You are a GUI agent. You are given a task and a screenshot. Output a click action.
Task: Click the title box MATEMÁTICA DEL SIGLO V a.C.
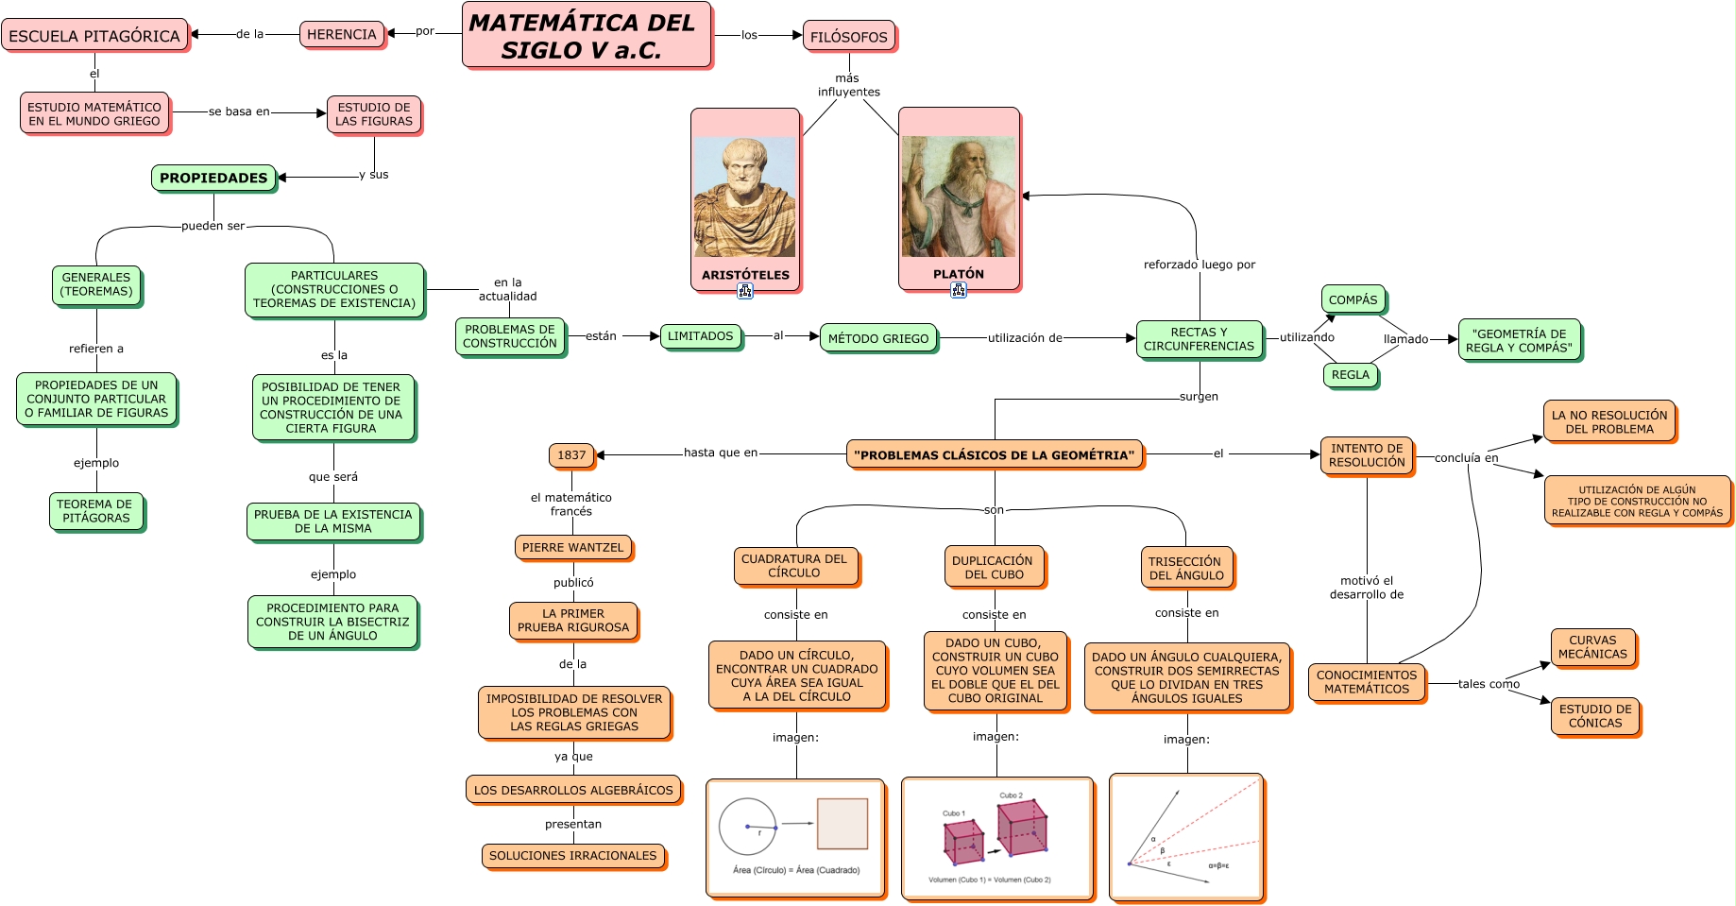tap(586, 36)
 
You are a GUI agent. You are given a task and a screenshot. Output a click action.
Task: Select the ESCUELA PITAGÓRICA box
tap(94, 36)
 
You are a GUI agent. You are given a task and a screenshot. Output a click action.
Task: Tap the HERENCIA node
tap(342, 35)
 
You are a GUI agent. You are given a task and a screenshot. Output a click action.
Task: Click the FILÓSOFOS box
tap(848, 37)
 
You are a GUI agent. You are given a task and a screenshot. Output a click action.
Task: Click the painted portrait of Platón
tap(958, 197)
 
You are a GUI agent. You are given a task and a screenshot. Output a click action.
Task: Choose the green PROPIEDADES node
tap(213, 178)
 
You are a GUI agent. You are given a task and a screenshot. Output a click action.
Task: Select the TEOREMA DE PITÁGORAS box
tap(95, 511)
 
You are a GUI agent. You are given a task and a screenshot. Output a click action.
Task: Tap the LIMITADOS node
tap(700, 336)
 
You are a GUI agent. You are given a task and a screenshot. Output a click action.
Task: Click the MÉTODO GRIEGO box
tap(878, 338)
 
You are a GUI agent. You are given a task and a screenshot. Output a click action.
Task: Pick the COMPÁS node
tap(1353, 299)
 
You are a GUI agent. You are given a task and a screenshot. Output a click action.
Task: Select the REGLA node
tap(1350, 375)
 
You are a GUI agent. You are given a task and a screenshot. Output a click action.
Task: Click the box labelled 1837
tap(571, 455)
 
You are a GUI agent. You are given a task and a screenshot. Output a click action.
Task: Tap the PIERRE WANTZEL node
tap(572, 548)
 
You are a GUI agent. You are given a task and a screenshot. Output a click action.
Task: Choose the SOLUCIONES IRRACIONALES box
tap(572, 856)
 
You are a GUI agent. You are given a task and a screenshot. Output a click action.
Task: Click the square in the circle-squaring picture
tap(842, 824)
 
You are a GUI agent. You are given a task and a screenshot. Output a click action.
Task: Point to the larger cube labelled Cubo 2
tap(1021, 827)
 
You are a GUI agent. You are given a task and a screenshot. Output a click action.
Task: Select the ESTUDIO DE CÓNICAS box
tap(1594, 716)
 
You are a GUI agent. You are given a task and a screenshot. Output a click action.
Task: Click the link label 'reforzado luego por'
tap(1199, 265)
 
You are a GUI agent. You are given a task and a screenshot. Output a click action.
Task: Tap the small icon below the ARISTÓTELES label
tap(745, 291)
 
